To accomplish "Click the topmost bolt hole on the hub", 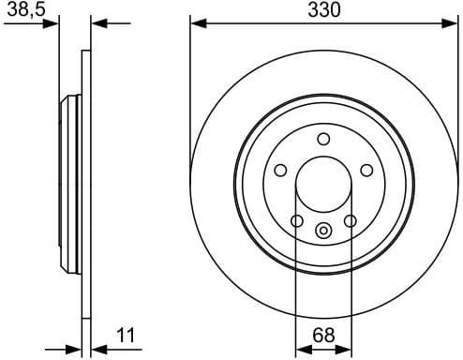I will [x=323, y=140].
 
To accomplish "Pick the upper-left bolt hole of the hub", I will [x=280, y=171].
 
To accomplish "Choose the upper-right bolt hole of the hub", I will [x=366, y=171].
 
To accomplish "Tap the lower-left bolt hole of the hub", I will [x=297, y=221].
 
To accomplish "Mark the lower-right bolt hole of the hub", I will [x=350, y=221].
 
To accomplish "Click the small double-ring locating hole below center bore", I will [x=323, y=231].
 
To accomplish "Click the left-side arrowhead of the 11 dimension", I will [x=75, y=346].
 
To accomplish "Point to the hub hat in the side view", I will [x=69, y=183].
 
